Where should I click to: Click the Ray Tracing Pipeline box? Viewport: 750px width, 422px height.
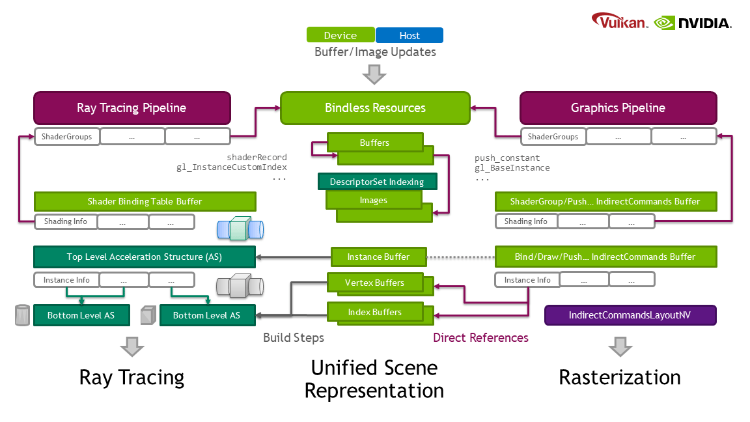click(x=132, y=108)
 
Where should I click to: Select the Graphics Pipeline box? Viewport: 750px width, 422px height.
click(x=618, y=108)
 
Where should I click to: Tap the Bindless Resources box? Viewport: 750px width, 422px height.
click(x=375, y=108)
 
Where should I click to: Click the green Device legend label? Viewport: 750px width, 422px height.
click(x=340, y=35)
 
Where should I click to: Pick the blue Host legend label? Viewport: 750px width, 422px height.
click(x=410, y=35)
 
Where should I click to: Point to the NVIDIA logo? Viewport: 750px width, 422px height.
click(x=693, y=23)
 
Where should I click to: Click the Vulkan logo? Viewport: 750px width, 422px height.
click(x=620, y=21)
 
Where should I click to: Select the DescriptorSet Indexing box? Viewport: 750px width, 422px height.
click(x=377, y=181)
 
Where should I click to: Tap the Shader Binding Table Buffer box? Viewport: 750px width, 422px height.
click(x=145, y=201)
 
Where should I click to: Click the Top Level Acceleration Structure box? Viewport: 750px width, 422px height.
click(x=144, y=257)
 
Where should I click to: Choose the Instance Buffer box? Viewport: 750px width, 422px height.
click(x=378, y=257)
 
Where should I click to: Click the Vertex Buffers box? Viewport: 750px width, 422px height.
click(x=375, y=283)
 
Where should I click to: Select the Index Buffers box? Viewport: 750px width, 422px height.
click(x=374, y=312)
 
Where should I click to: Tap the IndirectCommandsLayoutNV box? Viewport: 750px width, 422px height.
click(x=630, y=315)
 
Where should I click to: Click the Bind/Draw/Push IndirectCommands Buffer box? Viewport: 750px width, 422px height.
click(x=605, y=257)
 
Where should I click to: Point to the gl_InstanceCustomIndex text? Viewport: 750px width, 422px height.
click(x=232, y=167)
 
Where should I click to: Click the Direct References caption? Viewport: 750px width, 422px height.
click(x=480, y=337)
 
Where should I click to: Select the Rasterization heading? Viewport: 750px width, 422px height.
click(x=619, y=377)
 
